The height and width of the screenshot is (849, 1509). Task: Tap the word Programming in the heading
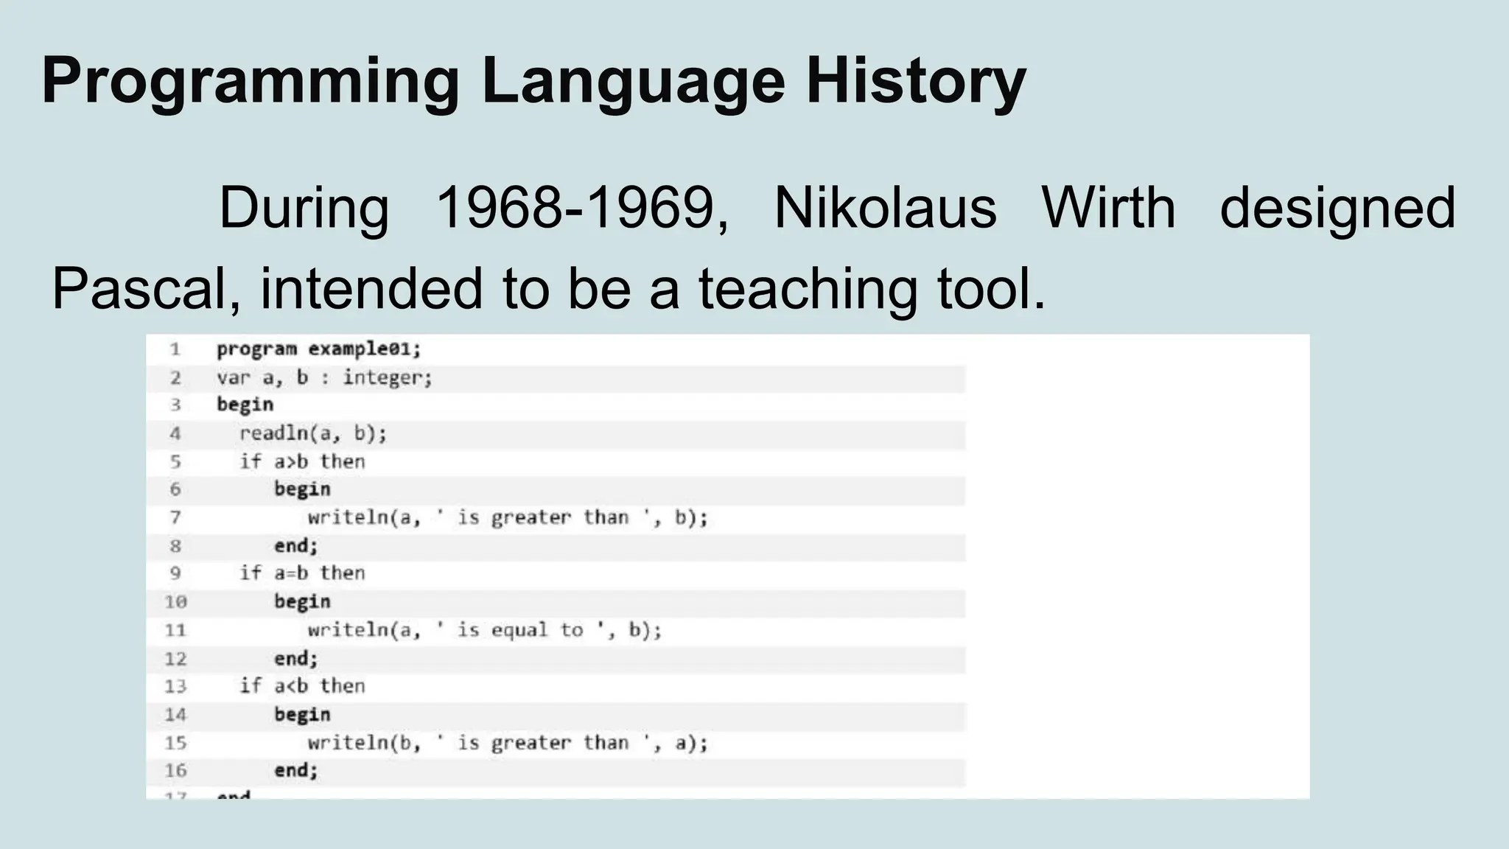[x=251, y=81]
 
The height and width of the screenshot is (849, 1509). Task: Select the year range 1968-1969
[x=582, y=208]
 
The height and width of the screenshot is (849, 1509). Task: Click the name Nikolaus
[x=885, y=208]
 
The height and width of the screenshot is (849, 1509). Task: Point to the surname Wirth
[x=1108, y=208]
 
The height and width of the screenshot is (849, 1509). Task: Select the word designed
[x=1337, y=209]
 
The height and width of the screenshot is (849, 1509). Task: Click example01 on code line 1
[x=364, y=349]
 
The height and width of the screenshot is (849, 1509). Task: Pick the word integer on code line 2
[x=387, y=378]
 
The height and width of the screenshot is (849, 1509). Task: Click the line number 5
[x=175, y=462]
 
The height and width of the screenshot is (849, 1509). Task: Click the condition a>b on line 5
[x=291, y=462]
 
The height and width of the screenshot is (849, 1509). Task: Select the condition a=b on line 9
[x=291, y=573]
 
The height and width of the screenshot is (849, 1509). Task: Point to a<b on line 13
[x=291, y=686]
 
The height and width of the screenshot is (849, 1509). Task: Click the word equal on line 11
[x=519, y=630]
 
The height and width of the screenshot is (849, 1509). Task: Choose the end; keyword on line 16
[x=295, y=771]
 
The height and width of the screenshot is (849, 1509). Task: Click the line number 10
[x=175, y=602]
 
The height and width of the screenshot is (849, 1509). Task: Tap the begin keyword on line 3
[x=245, y=405]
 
